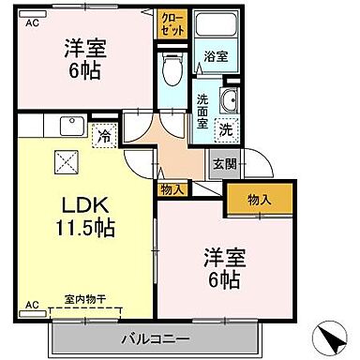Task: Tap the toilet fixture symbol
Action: [x=171, y=67]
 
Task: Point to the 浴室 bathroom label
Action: [x=215, y=56]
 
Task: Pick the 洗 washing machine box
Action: [x=227, y=127]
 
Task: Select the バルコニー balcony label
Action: [x=156, y=338]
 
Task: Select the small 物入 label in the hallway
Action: [x=172, y=189]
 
